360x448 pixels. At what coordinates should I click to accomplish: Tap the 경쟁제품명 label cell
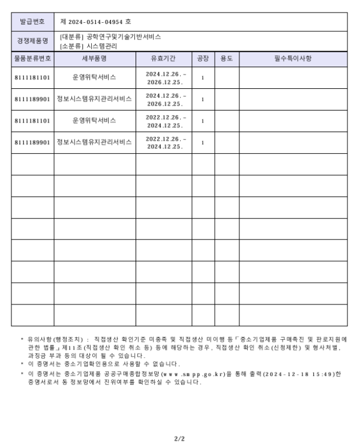point(33,41)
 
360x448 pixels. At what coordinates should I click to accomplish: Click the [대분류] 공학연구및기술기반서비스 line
point(110,37)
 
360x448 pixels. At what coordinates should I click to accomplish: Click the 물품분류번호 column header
point(33,59)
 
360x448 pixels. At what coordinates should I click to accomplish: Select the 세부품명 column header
point(95,59)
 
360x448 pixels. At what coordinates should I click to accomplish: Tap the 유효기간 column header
point(164,59)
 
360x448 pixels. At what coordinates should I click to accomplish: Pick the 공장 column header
point(203,59)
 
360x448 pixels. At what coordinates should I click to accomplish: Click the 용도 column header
point(227,59)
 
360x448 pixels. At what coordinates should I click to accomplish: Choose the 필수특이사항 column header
point(293,59)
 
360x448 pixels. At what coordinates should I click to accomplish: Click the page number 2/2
point(179,439)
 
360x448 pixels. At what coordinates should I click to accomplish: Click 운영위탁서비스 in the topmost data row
point(95,77)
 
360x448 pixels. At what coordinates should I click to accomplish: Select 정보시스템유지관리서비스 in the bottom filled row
point(95,142)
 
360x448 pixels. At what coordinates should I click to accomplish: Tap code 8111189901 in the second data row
point(33,99)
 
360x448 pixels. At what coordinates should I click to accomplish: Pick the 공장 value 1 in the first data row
point(203,77)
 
